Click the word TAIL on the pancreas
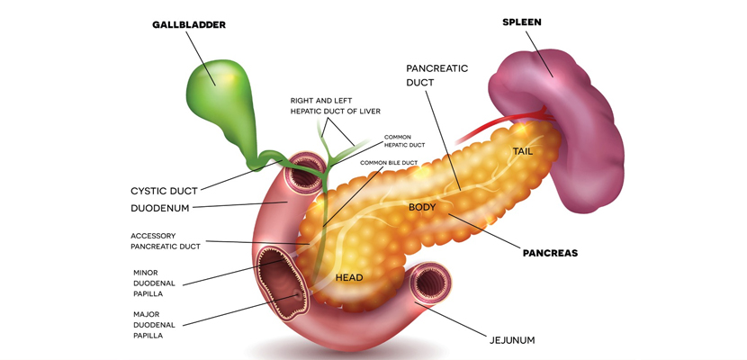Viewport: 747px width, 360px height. pyautogui.click(x=523, y=151)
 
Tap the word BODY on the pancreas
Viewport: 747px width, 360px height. pyautogui.click(x=422, y=207)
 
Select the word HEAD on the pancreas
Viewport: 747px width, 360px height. pyautogui.click(x=349, y=278)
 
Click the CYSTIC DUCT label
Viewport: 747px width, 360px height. pyautogui.click(x=163, y=191)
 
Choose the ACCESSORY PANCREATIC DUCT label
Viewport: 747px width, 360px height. pyautogui.click(x=166, y=240)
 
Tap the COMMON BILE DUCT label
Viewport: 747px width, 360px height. pyautogui.click(x=388, y=163)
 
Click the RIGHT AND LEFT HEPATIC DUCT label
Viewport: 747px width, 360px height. pyautogui.click(x=336, y=105)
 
